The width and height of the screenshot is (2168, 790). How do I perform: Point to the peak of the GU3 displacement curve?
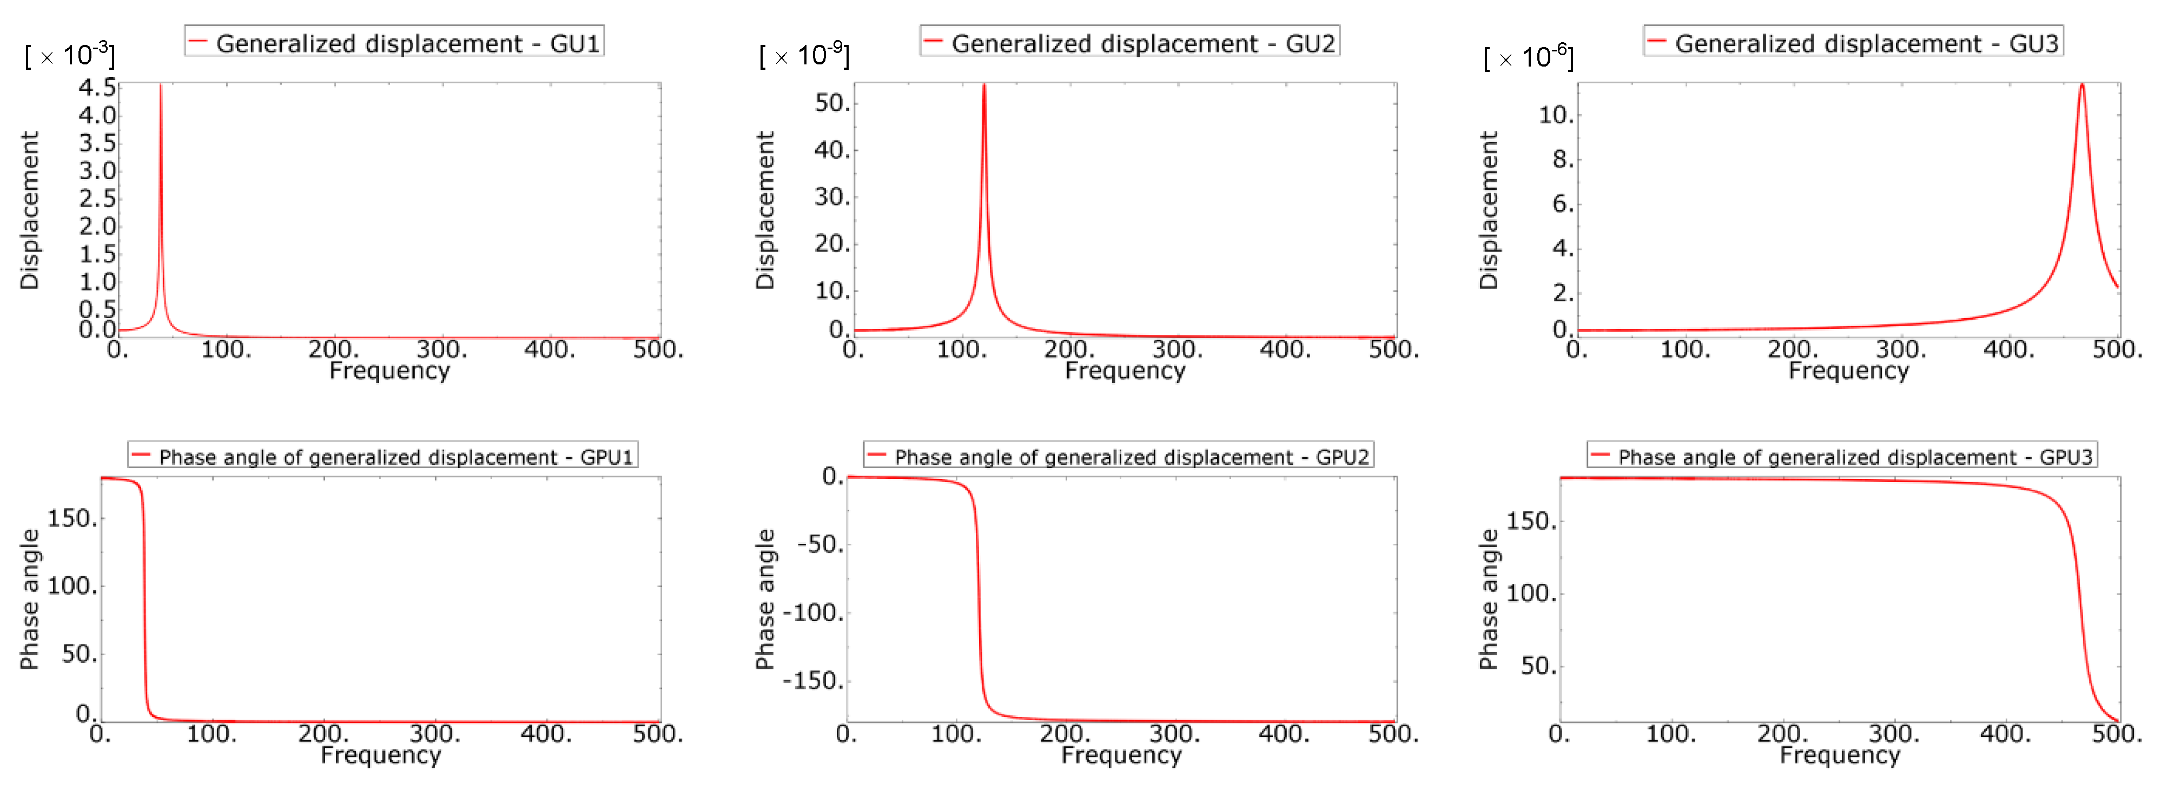click(2082, 85)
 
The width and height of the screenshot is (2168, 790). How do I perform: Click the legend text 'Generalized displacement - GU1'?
click(407, 44)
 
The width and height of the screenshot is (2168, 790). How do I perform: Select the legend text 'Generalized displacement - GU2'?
click(1143, 44)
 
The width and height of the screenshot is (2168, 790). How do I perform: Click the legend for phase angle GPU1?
click(395, 457)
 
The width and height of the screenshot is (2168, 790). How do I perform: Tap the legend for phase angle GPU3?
click(1855, 457)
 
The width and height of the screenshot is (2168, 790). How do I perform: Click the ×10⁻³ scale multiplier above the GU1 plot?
click(70, 56)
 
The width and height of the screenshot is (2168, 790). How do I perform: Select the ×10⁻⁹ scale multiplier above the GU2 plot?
click(804, 56)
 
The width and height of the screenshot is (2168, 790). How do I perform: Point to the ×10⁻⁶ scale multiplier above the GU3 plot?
click(1529, 58)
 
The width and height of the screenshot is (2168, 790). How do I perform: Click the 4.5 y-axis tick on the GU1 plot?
click(97, 88)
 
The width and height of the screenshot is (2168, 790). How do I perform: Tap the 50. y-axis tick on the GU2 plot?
click(832, 103)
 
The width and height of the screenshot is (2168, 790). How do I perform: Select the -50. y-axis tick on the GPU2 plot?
click(819, 545)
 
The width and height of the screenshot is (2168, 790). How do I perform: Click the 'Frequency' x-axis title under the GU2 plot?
click(1125, 371)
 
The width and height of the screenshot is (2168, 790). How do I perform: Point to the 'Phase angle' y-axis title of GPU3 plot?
click(1489, 599)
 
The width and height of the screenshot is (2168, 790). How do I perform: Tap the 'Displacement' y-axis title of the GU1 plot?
click(29, 210)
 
